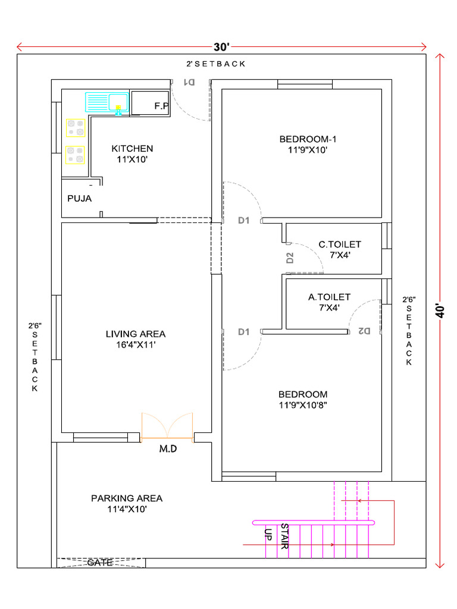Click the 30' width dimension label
click(x=221, y=47)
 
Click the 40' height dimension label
click(x=440, y=311)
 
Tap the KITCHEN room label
click(x=132, y=148)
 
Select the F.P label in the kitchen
click(x=161, y=106)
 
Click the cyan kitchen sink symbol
click(x=107, y=102)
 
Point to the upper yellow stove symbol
click(x=76, y=128)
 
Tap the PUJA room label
click(x=79, y=198)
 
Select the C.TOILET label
click(x=340, y=244)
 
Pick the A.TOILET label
click(x=329, y=296)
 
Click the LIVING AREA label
click(x=136, y=334)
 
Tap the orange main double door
click(x=167, y=428)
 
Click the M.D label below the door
click(x=168, y=449)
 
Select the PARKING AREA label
click(x=127, y=498)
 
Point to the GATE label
click(x=100, y=562)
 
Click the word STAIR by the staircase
click(x=284, y=536)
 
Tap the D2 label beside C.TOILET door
click(x=290, y=258)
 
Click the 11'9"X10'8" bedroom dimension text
click(x=303, y=406)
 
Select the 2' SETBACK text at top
click(x=215, y=64)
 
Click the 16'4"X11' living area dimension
click(x=136, y=344)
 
